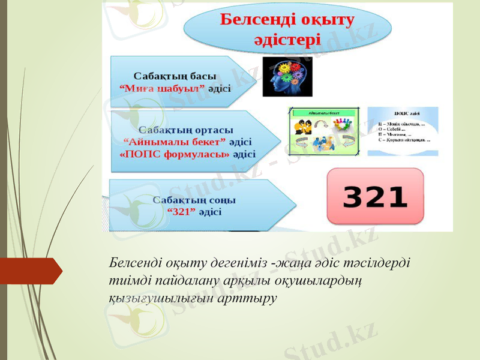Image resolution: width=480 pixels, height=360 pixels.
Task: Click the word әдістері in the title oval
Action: pyautogui.click(x=287, y=41)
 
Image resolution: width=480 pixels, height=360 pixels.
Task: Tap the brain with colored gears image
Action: pyautogui.click(x=287, y=77)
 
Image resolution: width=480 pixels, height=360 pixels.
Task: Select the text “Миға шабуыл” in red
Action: pyautogui.click(x=163, y=88)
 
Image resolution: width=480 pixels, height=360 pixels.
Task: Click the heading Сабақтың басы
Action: pyautogui.click(x=175, y=76)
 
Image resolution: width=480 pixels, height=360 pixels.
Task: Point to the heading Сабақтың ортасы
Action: pyautogui.click(x=186, y=130)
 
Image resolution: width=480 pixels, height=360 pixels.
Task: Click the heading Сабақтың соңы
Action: pyautogui.click(x=194, y=199)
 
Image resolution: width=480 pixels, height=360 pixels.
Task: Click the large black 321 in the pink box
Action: pyautogui.click(x=375, y=197)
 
